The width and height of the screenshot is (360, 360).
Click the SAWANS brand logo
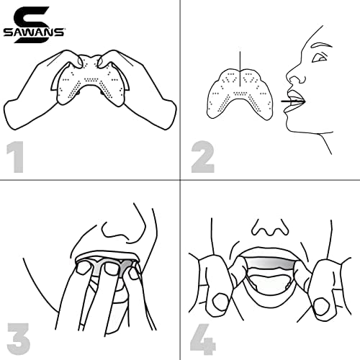tap(34, 25)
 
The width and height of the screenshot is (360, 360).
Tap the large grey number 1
tap(16, 157)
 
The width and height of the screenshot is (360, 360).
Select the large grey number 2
tap(203, 157)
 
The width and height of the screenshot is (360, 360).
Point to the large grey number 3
tap(19, 339)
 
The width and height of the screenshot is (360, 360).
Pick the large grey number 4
tap(203, 339)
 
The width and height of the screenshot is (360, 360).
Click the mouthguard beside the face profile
tap(240, 95)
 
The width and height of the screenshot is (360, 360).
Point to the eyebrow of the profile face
tap(321, 45)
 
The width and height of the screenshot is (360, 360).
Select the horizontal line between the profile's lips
tap(292, 102)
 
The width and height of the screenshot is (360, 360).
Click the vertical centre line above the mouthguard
tap(240, 68)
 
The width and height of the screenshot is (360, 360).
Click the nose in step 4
tap(270, 228)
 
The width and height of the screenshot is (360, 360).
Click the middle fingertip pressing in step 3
tap(111, 269)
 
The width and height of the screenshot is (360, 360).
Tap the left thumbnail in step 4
tap(220, 301)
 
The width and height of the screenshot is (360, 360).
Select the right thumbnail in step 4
tap(322, 306)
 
